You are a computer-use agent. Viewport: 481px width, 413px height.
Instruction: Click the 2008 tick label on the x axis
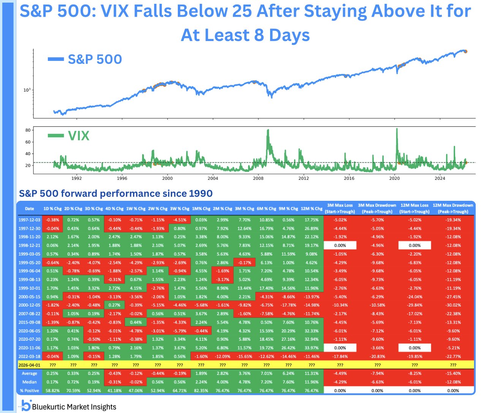(x=258, y=178)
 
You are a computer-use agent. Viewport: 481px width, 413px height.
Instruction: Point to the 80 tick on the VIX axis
(x=28, y=130)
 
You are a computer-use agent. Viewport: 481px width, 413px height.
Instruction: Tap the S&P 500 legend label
(x=95, y=59)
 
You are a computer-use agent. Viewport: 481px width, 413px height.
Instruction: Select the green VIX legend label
(x=78, y=136)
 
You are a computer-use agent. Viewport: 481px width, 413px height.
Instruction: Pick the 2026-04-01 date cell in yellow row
(x=29, y=365)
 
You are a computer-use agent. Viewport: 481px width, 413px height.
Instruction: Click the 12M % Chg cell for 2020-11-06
(x=311, y=348)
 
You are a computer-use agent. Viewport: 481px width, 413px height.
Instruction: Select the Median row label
(x=29, y=382)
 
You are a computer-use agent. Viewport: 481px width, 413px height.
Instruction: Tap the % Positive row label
(x=29, y=391)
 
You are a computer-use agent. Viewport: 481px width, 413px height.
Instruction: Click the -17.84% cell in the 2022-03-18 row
(x=340, y=356)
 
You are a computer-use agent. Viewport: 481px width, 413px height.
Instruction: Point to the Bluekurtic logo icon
(x=26, y=405)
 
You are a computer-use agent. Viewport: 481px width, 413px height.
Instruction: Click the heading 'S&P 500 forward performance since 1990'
(x=116, y=194)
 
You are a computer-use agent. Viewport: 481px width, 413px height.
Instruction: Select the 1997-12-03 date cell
(x=29, y=220)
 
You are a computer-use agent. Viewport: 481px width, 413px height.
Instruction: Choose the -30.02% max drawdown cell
(x=453, y=305)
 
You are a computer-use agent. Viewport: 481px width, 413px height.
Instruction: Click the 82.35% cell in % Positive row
(x=201, y=391)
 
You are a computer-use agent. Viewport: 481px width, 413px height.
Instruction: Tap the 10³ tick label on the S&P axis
(x=27, y=90)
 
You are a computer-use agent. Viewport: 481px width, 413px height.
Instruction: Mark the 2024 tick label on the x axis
(x=440, y=178)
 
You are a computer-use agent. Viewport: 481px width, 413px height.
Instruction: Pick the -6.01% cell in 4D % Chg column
(x=114, y=331)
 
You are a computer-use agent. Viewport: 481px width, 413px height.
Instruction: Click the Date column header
(x=29, y=208)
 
